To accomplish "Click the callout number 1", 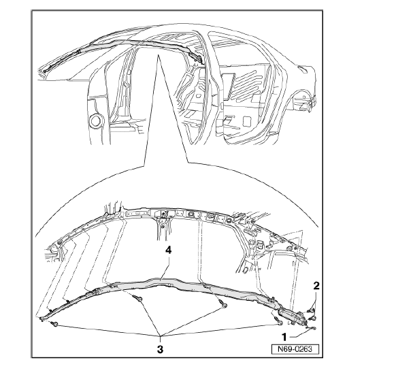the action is pos(284,337).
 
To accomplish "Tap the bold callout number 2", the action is pos(316,286).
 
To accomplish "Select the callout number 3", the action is pos(160,349).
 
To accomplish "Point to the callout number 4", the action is pos(168,250).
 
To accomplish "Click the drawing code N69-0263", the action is pos(295,349).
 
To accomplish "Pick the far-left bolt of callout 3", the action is pos(55,324).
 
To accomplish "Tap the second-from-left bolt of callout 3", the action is pos(138,298).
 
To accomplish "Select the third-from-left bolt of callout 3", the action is pos(223,305).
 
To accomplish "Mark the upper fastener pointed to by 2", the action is pos(311,311).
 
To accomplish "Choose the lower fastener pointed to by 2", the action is pos(313,319).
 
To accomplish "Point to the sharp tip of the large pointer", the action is pos(158,55).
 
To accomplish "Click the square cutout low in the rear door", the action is pos(247,122).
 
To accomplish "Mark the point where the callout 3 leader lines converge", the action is pos(160,336).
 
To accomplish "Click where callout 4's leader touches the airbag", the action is pos(161,280).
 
